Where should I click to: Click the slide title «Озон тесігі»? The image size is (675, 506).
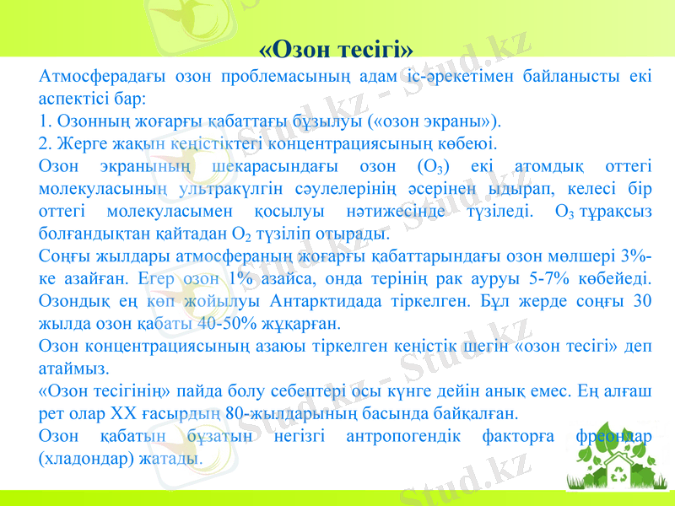(336, 46)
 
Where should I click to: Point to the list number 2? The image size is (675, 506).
(44, 143)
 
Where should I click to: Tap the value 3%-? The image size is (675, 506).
(640, 254)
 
